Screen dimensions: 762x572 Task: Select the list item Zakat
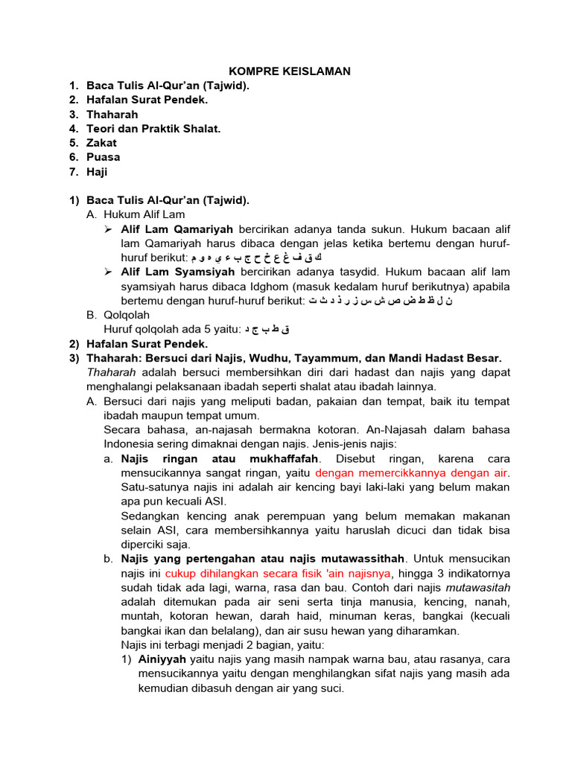tap(101, 143)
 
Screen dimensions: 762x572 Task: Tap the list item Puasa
tap(103, 157)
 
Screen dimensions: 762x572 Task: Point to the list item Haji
tap(97, 172)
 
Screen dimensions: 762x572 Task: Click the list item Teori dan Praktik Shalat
tap(153, 129)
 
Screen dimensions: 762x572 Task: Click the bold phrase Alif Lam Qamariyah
tap(177, 229)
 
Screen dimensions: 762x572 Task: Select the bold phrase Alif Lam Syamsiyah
tap(177, 272)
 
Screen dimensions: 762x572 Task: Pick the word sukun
tap(383, 229)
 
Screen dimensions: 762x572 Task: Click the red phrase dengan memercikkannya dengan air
tap(411, 473)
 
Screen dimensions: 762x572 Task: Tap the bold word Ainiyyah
tap(162, 659)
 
